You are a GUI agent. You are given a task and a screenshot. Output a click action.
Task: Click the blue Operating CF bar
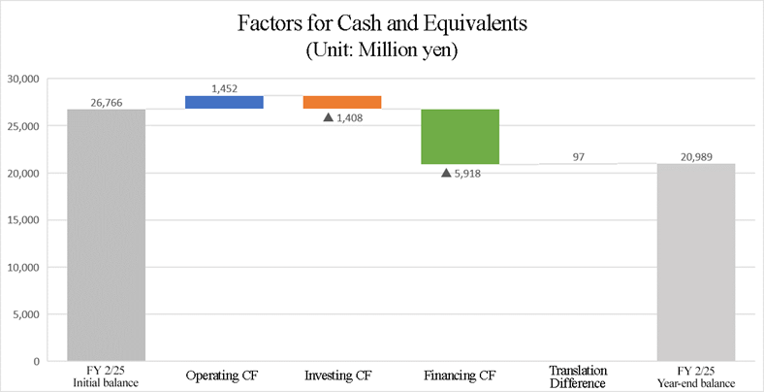pos(224,102)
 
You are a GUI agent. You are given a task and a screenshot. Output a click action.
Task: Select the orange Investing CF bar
pos(342,102)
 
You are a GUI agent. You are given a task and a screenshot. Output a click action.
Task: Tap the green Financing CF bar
pos(460,137)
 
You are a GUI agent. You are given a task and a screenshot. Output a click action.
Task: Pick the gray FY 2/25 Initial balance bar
pos(107,235)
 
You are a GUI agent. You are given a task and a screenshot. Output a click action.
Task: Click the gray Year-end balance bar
pos(695,262)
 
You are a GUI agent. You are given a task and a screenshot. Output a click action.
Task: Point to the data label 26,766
pos(107,101)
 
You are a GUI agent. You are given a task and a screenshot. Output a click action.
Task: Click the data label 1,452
pos(224,88)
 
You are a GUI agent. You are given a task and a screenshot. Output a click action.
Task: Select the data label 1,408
pos(350,118)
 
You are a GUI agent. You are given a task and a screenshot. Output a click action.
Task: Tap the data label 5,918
pos(468,174)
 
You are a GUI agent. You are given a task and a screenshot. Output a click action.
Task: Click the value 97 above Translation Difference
pos(578,155)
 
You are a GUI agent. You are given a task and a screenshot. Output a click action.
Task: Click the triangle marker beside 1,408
pos(328,118)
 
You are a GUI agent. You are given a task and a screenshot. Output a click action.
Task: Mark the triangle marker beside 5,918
pos(446,174)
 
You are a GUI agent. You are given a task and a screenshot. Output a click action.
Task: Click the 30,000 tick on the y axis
pos(22,79)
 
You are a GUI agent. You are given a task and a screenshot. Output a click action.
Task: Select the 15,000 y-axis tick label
pos(22,220)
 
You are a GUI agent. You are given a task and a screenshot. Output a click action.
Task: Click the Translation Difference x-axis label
pos(578,376)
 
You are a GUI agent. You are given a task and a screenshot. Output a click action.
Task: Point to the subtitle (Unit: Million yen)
pos(382,49)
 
